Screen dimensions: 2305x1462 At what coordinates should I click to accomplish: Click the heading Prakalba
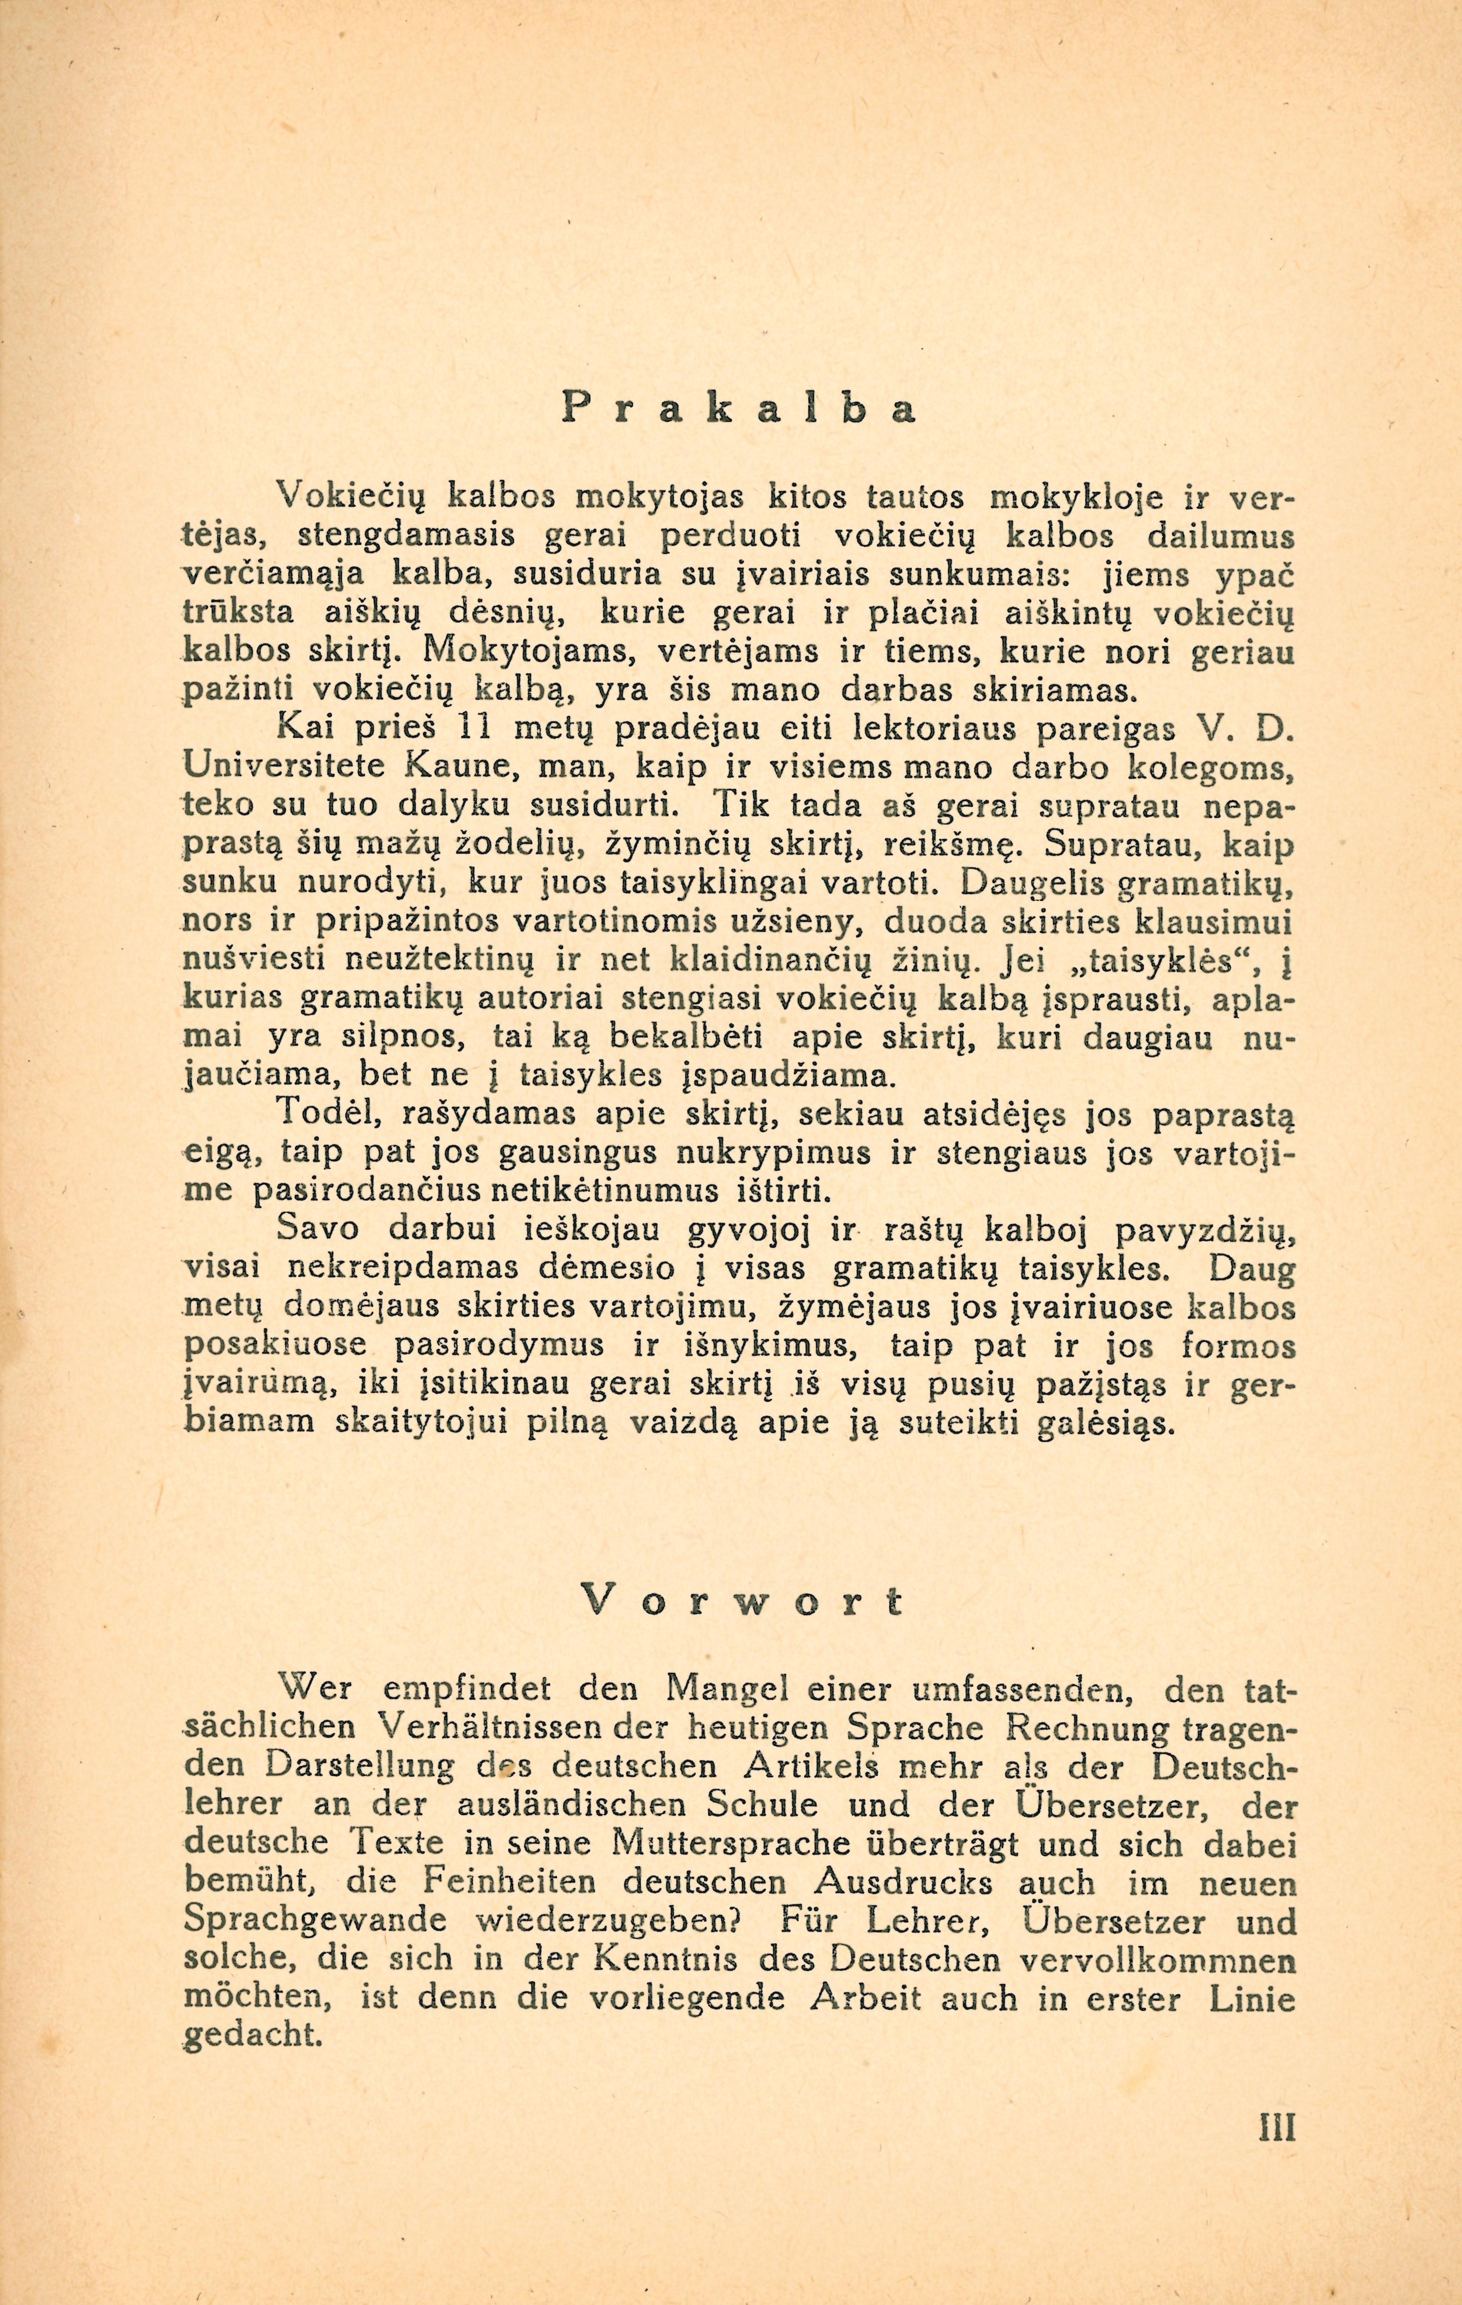739,409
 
